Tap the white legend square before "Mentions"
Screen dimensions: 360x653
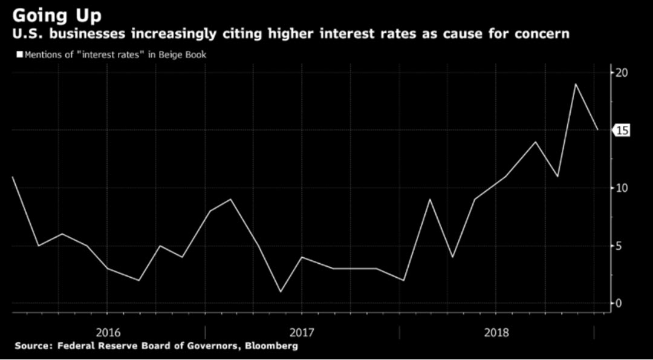click(x=19, y=55)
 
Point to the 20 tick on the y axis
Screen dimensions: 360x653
click(x=622, y=73)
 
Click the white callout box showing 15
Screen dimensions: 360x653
click(x=622, y=130)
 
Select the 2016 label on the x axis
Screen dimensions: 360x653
click(x=107, y=332)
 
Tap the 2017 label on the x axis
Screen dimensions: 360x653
click(x=301, y=332)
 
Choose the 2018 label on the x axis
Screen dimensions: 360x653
click(x=496, y=332)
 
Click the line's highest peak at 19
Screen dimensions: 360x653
click(x=575, y=84)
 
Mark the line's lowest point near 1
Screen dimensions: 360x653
click(x=280, y=292)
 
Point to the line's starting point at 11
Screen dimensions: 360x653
click(x=12, y=177)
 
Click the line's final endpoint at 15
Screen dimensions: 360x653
click(x=597, y=129)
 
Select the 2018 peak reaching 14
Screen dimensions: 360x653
click(x=535, y=142)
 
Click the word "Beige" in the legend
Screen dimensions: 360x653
click(x=166, y=55)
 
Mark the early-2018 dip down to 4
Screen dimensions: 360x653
click(x=452, y=257)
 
